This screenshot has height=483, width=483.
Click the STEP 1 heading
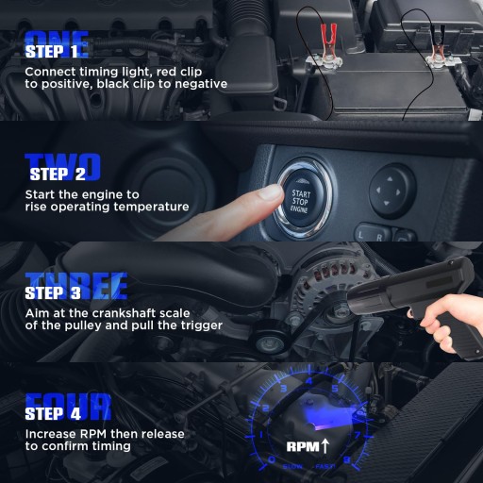(51, 52)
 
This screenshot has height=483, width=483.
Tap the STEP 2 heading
(58, 174)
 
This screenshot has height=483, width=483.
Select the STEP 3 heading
(53, 293)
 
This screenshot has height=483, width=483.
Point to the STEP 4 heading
(53, 413)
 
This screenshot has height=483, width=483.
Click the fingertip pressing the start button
(270, 192)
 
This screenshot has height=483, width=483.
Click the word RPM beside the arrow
(303, 446)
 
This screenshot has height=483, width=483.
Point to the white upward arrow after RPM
(325, 446)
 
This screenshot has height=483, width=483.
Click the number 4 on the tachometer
(309, 381)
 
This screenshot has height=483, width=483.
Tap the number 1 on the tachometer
(260, 435)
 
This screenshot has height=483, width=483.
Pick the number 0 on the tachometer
(272, 459)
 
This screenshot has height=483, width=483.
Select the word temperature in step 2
(151, 208)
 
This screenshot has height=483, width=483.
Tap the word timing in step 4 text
(111, 447)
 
